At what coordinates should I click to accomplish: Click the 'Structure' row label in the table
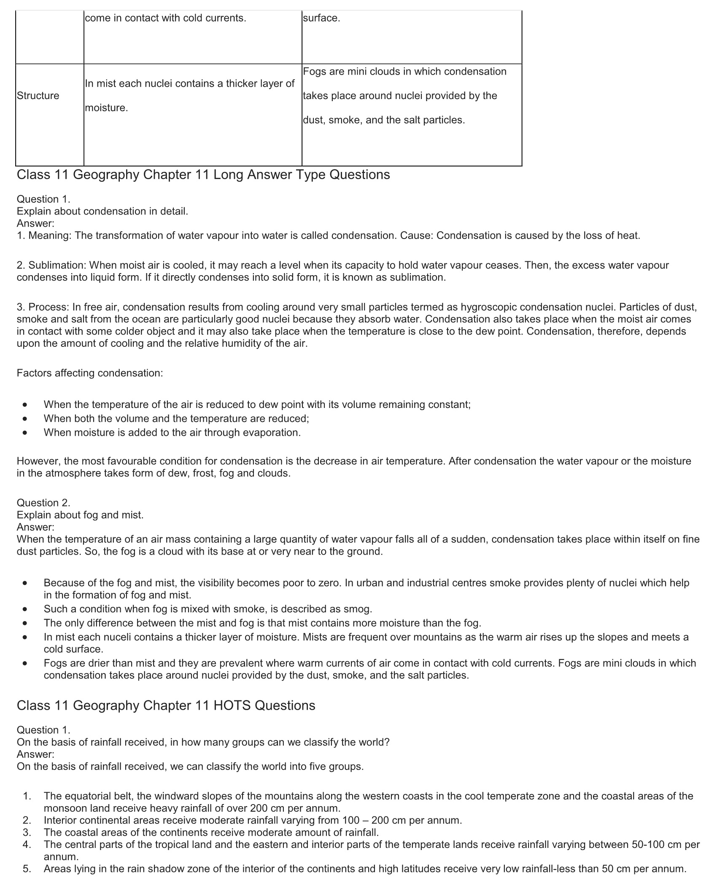38,96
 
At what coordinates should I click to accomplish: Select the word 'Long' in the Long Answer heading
228,174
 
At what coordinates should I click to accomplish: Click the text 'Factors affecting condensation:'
90,373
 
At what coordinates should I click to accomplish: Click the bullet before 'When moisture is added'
26,432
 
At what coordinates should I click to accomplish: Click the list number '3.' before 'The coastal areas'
27,832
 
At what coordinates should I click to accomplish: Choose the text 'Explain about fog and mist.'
80,515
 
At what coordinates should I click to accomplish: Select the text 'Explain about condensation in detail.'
102,211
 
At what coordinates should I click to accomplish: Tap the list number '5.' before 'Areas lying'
27,869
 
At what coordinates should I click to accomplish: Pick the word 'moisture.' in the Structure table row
106,108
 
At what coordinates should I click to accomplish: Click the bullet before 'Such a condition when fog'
26,609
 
